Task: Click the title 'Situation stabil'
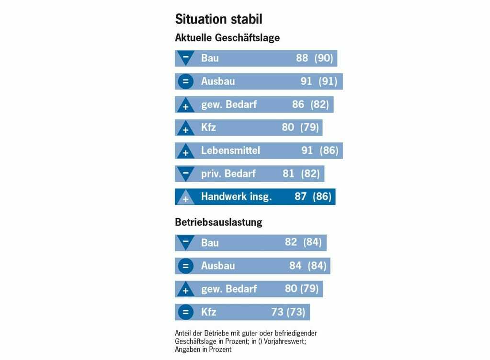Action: click(218, 19)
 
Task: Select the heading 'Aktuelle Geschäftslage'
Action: click(227, 37)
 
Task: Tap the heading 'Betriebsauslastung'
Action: click(218, 222)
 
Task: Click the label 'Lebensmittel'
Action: click(230, 151)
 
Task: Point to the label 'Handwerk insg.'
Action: click(236, 197)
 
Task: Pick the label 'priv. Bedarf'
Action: click(228, 174)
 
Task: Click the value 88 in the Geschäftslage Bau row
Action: click(302, 58)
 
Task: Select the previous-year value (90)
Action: click(323, 58)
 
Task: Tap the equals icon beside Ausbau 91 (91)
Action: click(185, 81)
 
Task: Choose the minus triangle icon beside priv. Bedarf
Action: click(185, 173)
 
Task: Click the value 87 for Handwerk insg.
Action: click(300, 197)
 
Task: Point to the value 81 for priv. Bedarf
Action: click(288, 174)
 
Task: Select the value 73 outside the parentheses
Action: click(277, 312)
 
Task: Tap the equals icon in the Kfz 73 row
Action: click(185, 312)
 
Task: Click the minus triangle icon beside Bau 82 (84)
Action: click(185, 242)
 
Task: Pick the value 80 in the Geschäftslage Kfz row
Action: click(288, 128)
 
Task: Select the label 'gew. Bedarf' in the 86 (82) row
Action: click(229, 105)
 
